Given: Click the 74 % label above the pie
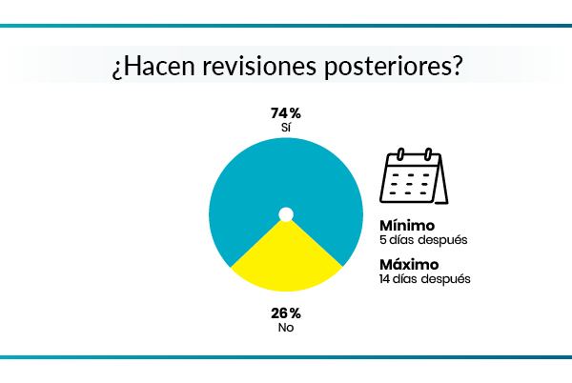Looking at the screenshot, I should pyautogui.click(x=285, y=113).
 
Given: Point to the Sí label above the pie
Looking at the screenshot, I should pyautogui.click(x=285, y=128).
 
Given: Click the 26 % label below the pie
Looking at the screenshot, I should pyautogui.click(x=285, y=312).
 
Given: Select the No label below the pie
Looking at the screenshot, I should pyautogui.click(x=285, y=327).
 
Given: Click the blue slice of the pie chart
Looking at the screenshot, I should pyautogui.click(x=285, y=171).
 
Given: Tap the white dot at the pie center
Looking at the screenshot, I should pyautogui.click(x=285, y=214).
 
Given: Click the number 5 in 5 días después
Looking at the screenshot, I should pyautogui.click(x=383, y=240).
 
